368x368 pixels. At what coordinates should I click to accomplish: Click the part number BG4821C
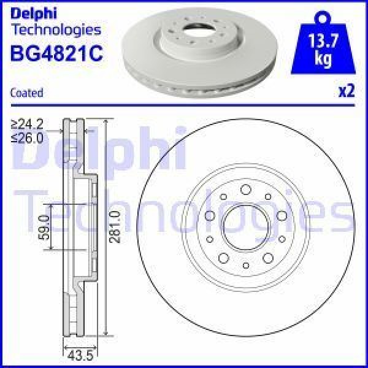pos(57,54)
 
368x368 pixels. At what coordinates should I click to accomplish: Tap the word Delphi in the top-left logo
pos(33,12)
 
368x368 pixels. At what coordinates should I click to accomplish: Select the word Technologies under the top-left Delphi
pos(56,29)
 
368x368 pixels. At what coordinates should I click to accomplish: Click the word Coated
pos(27,93)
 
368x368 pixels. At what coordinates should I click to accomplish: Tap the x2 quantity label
pos(347,92)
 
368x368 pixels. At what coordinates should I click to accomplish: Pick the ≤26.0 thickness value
pos(28,139)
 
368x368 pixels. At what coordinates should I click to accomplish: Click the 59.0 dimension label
pos(43,226)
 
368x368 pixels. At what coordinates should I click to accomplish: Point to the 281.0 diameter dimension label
pos(115,226)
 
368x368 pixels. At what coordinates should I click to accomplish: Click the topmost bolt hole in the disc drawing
pos(245,190)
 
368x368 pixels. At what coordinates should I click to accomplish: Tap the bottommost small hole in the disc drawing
pos(245,266)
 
